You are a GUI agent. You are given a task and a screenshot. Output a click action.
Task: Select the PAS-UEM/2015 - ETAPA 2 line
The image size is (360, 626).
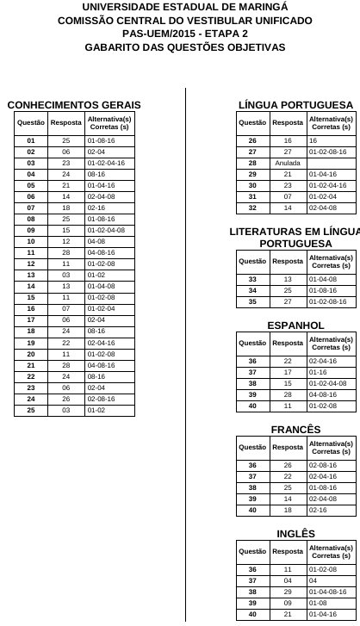click(x=179, y=33)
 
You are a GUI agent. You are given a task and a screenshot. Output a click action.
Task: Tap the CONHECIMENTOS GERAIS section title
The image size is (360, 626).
click(x=74, y=105)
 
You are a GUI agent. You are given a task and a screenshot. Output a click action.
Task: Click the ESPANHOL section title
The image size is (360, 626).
click(x=295, y=325)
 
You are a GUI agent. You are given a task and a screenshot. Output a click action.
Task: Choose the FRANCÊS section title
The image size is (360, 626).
click(x=295, y=430)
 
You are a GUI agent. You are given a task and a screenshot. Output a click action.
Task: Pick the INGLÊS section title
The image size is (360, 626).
click(x=295, y=534)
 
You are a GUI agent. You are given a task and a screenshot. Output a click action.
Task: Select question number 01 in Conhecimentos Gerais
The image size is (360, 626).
click(x=31, y=139)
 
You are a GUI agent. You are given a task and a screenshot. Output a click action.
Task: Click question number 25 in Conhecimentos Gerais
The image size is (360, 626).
click(x=31, y=411)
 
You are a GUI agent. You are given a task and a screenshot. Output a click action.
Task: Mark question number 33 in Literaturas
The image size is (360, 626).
click(x=252, y=279)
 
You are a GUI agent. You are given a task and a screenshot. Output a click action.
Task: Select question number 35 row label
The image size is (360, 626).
click(x=252, y=301)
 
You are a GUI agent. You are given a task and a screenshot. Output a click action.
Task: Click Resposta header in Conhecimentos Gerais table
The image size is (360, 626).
click(x=65, y=123)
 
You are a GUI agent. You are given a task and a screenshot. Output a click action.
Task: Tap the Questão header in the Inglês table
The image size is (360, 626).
click(x=252, y=551)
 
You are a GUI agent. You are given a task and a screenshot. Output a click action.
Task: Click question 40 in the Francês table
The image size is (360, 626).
click(x=252, y=510)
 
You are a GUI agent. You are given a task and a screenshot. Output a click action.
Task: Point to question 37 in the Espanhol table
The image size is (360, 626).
click(x=252, y=372)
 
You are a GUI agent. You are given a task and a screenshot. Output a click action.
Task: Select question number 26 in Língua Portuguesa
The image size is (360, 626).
click(x=252, y=139)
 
